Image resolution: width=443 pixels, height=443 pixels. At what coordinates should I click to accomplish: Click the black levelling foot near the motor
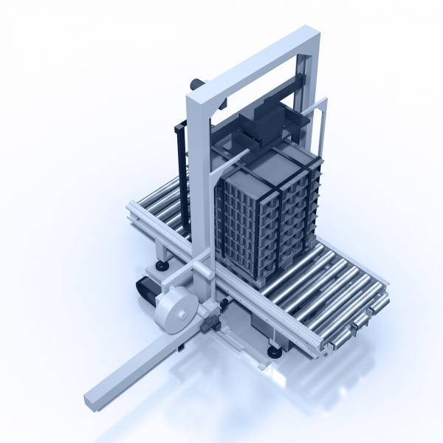coord(160,264)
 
